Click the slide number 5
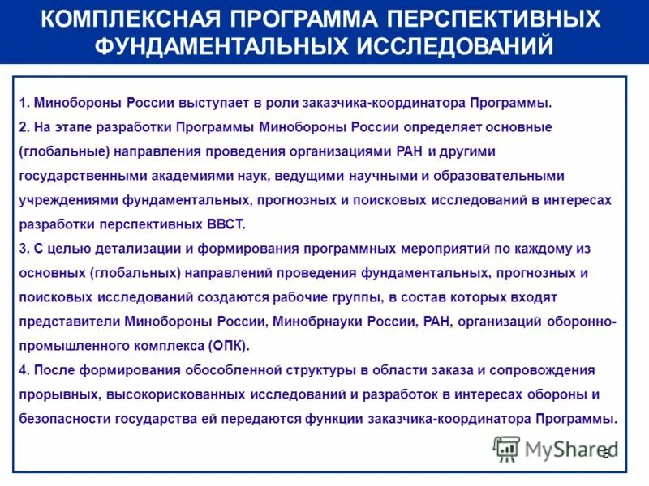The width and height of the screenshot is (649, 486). (x=605, y=454)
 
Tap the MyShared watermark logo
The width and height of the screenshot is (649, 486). (x=556, y=449)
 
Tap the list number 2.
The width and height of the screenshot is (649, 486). (x=24, y=128)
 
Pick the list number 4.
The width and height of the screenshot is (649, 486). (x=24, y=370)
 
